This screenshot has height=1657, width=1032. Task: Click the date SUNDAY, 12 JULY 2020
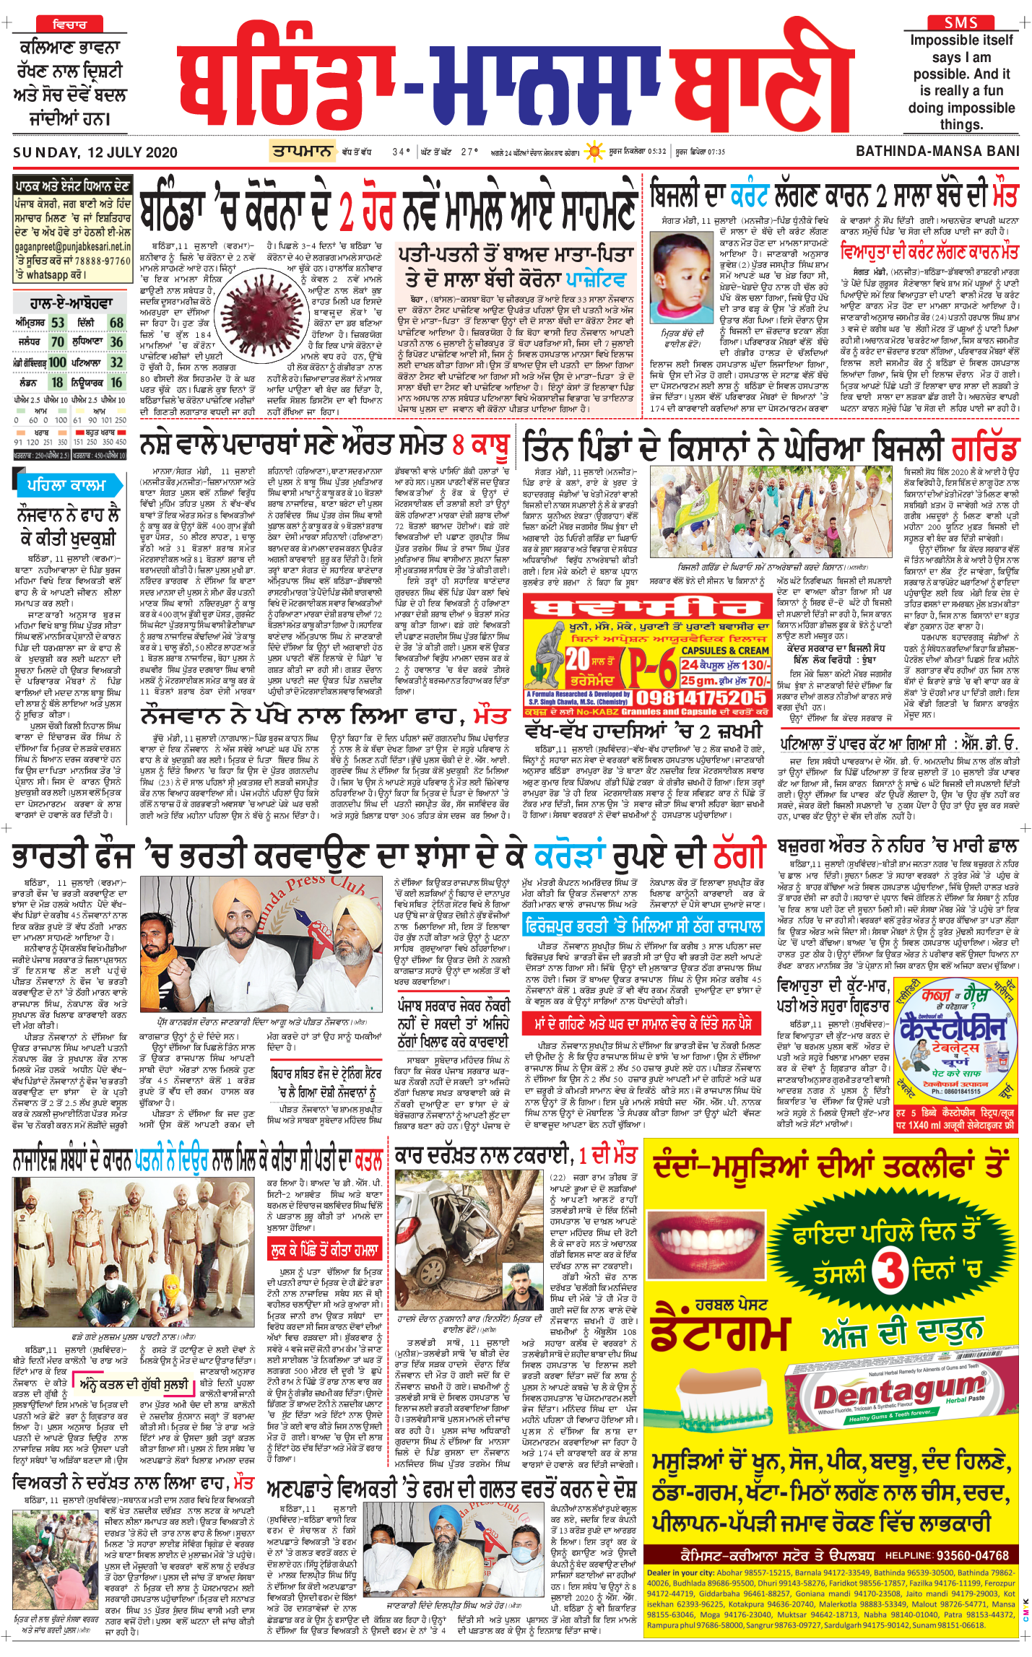click(95, 152)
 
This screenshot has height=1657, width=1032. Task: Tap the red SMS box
click(961, 22)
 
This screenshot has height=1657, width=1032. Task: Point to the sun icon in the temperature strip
click(594, 152)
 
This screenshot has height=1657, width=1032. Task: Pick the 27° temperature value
click(469, 152)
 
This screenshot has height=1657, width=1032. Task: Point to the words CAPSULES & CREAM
click(724, 650)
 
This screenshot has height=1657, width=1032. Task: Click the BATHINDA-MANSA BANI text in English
click(937, 152)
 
